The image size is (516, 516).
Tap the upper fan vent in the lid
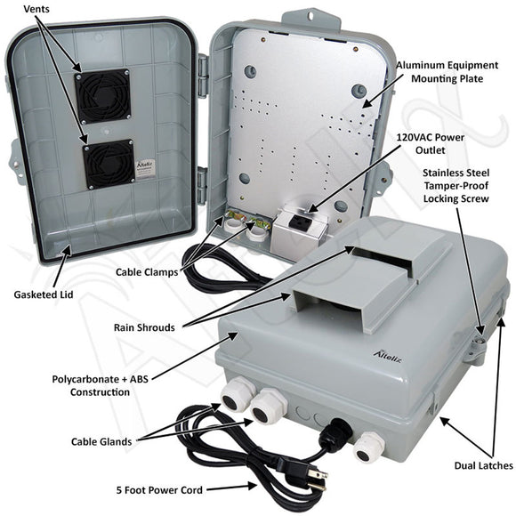click(x=96, y=93)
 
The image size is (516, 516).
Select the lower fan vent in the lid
click(x=108, y=164)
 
